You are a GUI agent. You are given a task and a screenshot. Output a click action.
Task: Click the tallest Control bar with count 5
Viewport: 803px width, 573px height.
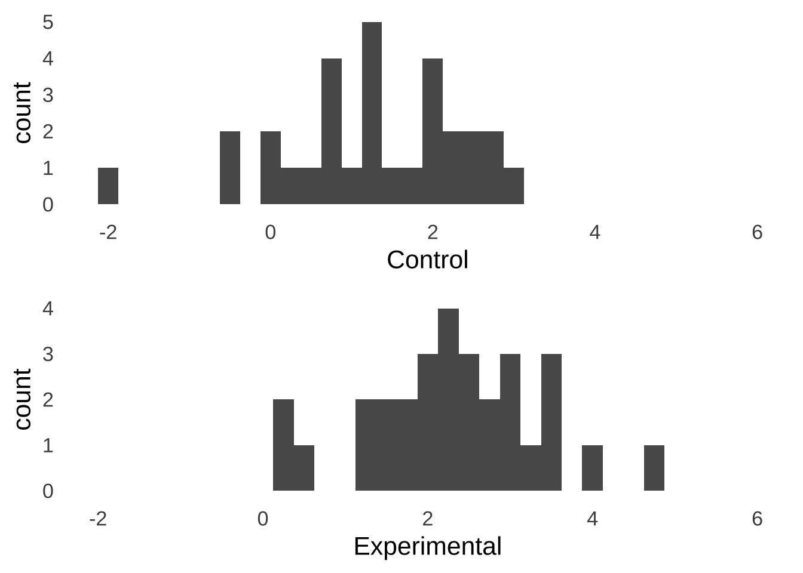372,113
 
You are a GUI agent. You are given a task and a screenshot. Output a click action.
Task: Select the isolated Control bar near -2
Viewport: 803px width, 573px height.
108,186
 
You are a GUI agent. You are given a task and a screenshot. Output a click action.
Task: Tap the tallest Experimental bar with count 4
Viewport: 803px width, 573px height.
448,399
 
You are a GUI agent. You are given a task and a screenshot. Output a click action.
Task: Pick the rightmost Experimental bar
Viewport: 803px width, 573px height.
654,468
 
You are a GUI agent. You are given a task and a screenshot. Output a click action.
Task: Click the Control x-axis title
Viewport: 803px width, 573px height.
427,260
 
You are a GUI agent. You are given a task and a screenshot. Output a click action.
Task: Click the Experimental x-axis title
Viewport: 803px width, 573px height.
427,547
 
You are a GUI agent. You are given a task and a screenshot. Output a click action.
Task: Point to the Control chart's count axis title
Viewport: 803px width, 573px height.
23,113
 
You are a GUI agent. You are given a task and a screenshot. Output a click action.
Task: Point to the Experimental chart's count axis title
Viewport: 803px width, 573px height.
23,399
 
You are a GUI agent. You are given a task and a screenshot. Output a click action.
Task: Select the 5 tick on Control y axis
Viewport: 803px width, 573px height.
48,22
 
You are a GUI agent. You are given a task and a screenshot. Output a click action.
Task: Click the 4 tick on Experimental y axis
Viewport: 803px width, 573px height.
48,309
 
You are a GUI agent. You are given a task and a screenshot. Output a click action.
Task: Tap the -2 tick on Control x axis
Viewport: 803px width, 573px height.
108,232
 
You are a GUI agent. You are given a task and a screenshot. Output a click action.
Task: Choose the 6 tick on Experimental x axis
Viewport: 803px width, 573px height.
757,519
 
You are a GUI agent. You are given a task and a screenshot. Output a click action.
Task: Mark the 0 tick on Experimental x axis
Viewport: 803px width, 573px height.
262,519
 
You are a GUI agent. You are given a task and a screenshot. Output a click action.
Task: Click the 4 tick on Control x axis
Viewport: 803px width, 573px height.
594,232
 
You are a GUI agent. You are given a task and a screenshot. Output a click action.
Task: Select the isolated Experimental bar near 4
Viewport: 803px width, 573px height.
592,468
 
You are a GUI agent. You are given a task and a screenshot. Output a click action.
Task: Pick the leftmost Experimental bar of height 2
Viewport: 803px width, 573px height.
283,445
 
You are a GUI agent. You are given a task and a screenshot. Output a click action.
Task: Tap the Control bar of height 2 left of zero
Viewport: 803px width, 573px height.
230,168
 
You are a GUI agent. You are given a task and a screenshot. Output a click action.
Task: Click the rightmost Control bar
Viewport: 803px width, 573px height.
514,186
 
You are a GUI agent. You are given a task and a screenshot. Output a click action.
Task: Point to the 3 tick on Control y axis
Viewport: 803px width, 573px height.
48,95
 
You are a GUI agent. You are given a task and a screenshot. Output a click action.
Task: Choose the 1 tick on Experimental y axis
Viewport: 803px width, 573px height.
48,445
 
